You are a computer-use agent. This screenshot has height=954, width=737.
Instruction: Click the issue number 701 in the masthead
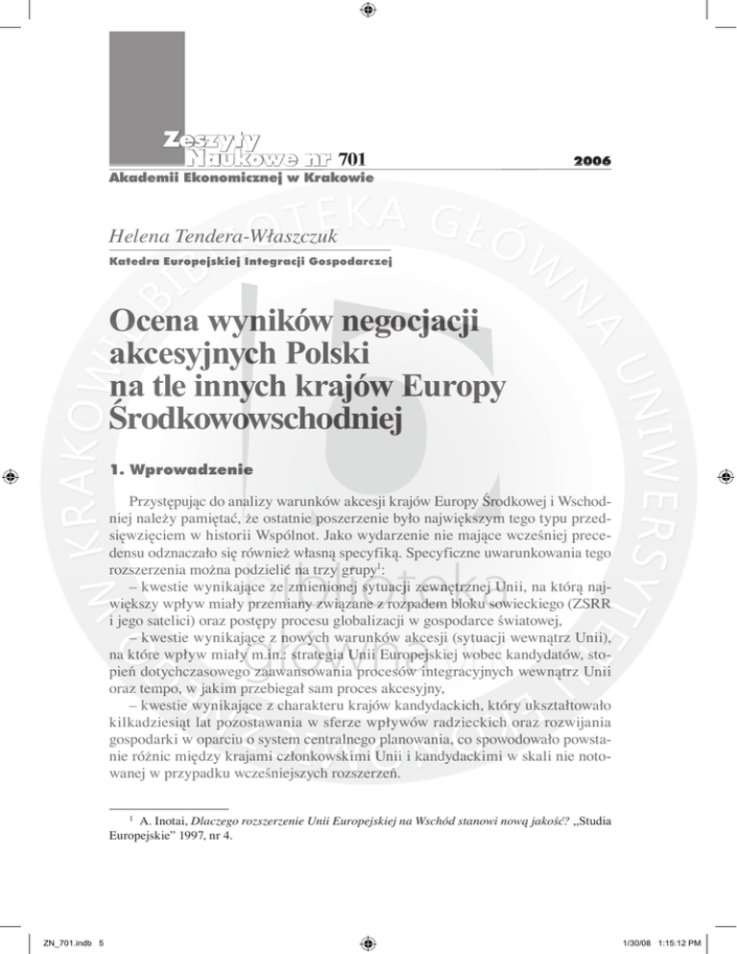352,159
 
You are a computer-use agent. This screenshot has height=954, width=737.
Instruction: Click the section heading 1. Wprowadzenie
180,472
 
